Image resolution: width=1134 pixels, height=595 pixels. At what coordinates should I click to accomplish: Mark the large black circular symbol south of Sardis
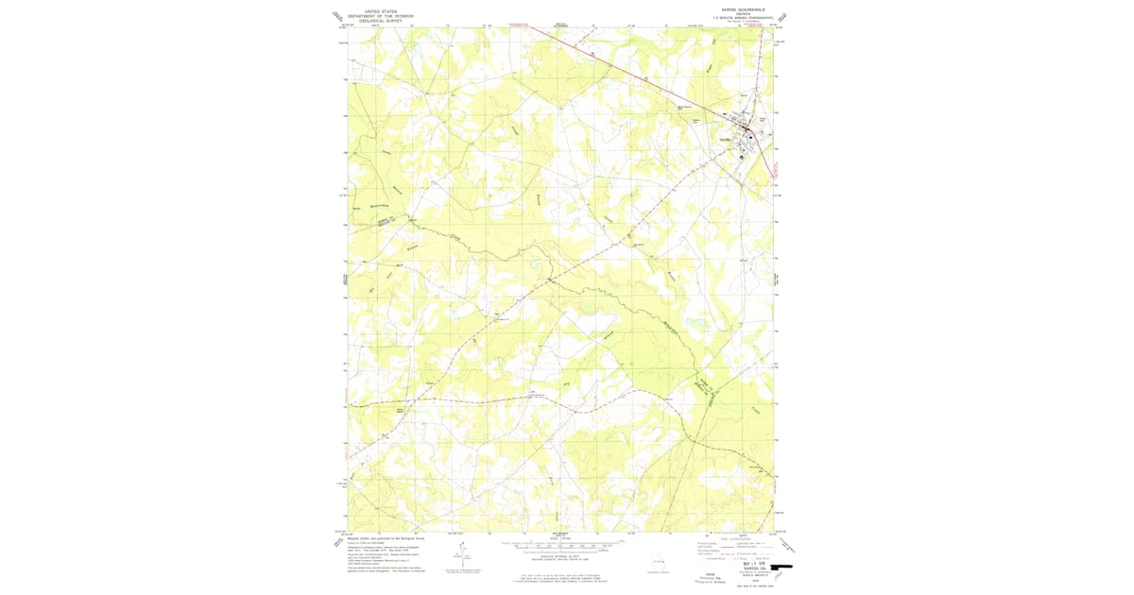pyautogui.click(x=742, y=157)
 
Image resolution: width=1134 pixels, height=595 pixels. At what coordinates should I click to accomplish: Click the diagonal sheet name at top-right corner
pyautogui.click(x=781, y=15)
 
